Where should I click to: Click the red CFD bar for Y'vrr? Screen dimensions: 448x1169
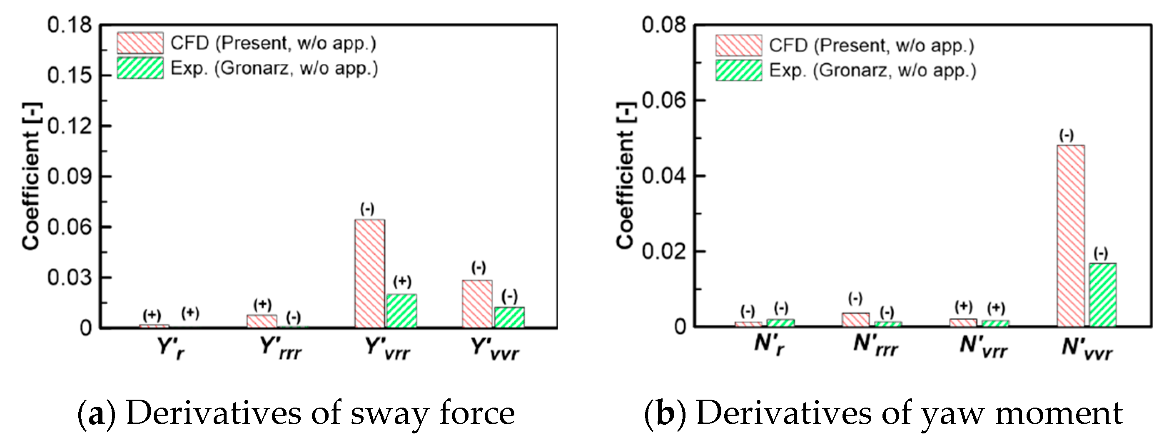point(369,273)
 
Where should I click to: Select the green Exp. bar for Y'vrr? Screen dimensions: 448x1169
point(401,311)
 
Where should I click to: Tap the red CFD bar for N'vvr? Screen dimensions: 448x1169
point(1071,236)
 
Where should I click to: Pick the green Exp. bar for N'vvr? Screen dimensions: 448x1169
point(1102,295)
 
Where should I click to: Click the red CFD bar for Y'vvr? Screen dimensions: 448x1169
point(477,304)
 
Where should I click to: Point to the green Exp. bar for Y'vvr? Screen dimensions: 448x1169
point(509,317)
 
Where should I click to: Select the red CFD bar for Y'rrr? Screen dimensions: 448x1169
point(262,321)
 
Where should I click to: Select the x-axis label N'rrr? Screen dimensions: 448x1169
point(875,345)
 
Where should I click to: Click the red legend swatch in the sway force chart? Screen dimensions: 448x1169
point(140,43)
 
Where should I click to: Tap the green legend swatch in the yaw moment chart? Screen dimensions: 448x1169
point(739,70)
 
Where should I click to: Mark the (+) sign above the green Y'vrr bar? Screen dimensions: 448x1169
point(401,281)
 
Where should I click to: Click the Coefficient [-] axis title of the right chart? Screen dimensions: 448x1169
point(626,175)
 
